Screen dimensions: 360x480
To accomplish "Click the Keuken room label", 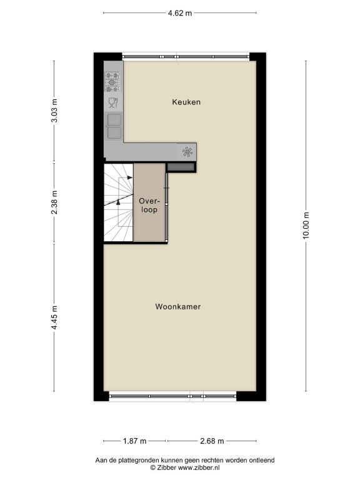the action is point(186,102).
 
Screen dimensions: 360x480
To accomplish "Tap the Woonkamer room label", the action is point(178,306).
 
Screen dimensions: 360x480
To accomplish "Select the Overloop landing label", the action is point(149,206).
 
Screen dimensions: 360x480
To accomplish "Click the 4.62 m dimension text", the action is point(180,13).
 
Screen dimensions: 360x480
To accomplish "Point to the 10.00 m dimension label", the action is point(306,225).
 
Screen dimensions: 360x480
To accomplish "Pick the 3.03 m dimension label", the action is point(54,111).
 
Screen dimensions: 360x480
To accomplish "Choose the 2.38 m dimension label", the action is point(54,202).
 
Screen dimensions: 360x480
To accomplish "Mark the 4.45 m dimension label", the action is point(54,317).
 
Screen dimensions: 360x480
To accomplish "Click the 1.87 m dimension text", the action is point(135,441).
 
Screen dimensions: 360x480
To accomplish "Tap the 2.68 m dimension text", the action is point(212,441).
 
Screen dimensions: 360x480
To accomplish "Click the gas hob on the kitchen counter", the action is point(112,82).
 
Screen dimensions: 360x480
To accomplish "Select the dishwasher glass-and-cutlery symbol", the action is point(113,102).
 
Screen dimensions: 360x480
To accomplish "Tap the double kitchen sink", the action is point(114,126).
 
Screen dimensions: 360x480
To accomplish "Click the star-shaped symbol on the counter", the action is point(187,152).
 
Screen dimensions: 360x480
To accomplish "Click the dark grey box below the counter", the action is point(181,167).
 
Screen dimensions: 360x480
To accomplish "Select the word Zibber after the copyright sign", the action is point(166,467).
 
